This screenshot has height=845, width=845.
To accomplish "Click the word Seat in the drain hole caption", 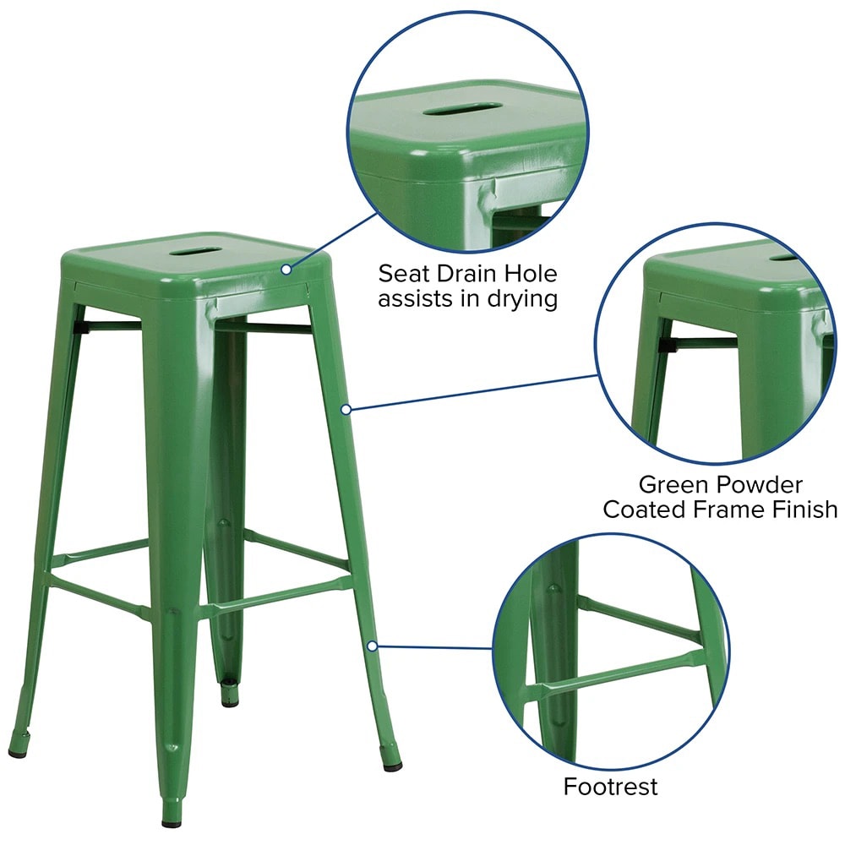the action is pos(403,274).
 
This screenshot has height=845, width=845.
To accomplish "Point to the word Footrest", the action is pos(611,787).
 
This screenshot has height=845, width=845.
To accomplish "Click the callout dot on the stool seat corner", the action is pos(286,269).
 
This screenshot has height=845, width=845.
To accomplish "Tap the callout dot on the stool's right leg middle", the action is pos(346,410).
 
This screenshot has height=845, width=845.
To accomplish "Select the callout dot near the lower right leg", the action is pos(372,646).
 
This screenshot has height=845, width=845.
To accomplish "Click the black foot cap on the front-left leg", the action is pos(18,750).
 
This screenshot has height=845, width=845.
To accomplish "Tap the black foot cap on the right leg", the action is pos(392,765).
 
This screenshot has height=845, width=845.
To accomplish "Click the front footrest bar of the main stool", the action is pos(275,596).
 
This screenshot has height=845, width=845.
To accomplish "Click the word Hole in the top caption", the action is pos(532,274).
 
